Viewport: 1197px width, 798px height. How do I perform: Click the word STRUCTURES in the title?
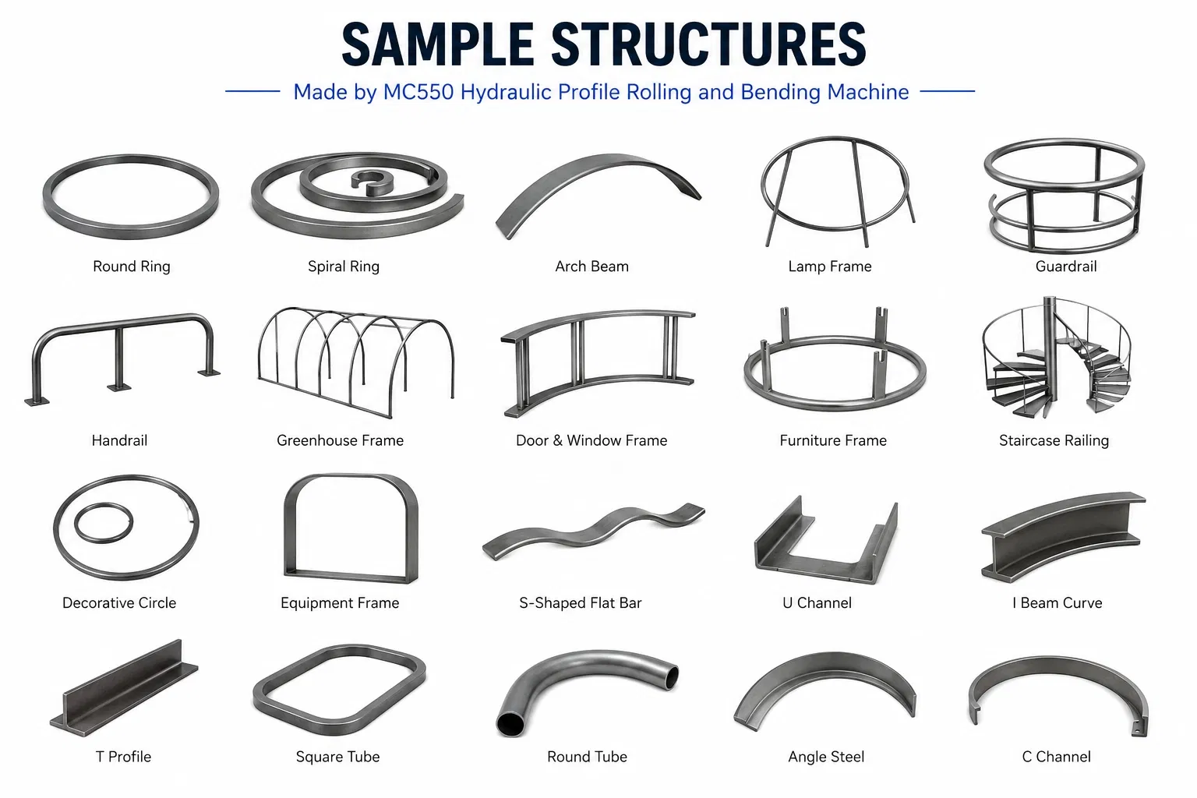click(708, 44)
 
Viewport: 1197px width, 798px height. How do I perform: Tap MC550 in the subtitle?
click(418, 92)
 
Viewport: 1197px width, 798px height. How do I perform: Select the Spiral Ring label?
click(344, 267)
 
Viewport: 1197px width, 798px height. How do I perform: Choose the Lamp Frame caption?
click(830, 267)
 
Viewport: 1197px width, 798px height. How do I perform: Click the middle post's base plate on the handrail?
click(118, 387)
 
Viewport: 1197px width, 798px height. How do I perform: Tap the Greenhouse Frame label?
click(340, 440)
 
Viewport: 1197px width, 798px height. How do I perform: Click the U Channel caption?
click(817, 603)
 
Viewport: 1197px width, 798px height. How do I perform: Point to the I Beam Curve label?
click(1057, 603)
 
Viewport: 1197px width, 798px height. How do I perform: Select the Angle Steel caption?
click(826, 757)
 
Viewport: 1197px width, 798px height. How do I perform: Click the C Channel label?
click(1057, 757)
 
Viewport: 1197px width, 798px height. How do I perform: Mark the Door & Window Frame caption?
click(591, 440)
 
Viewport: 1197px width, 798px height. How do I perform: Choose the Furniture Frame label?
click(833, 440)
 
